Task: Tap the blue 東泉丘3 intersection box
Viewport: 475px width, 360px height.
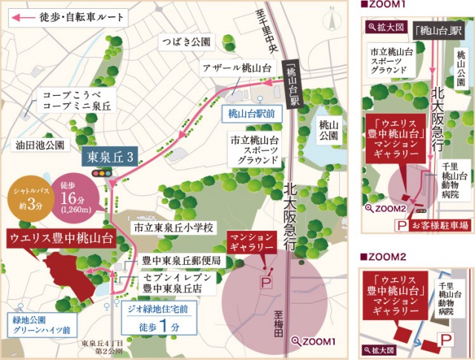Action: point(111,157)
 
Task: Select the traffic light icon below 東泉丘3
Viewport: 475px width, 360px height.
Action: point(98,173)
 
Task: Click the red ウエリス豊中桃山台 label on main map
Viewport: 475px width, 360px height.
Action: point(61,238)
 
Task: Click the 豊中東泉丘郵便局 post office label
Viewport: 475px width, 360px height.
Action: point(181,261)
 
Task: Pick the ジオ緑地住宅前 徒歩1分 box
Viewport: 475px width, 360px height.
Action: point(160,317)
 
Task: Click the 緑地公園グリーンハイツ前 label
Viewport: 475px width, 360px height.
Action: point(41,324)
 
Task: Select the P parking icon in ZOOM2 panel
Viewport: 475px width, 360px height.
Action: point(446,339)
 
